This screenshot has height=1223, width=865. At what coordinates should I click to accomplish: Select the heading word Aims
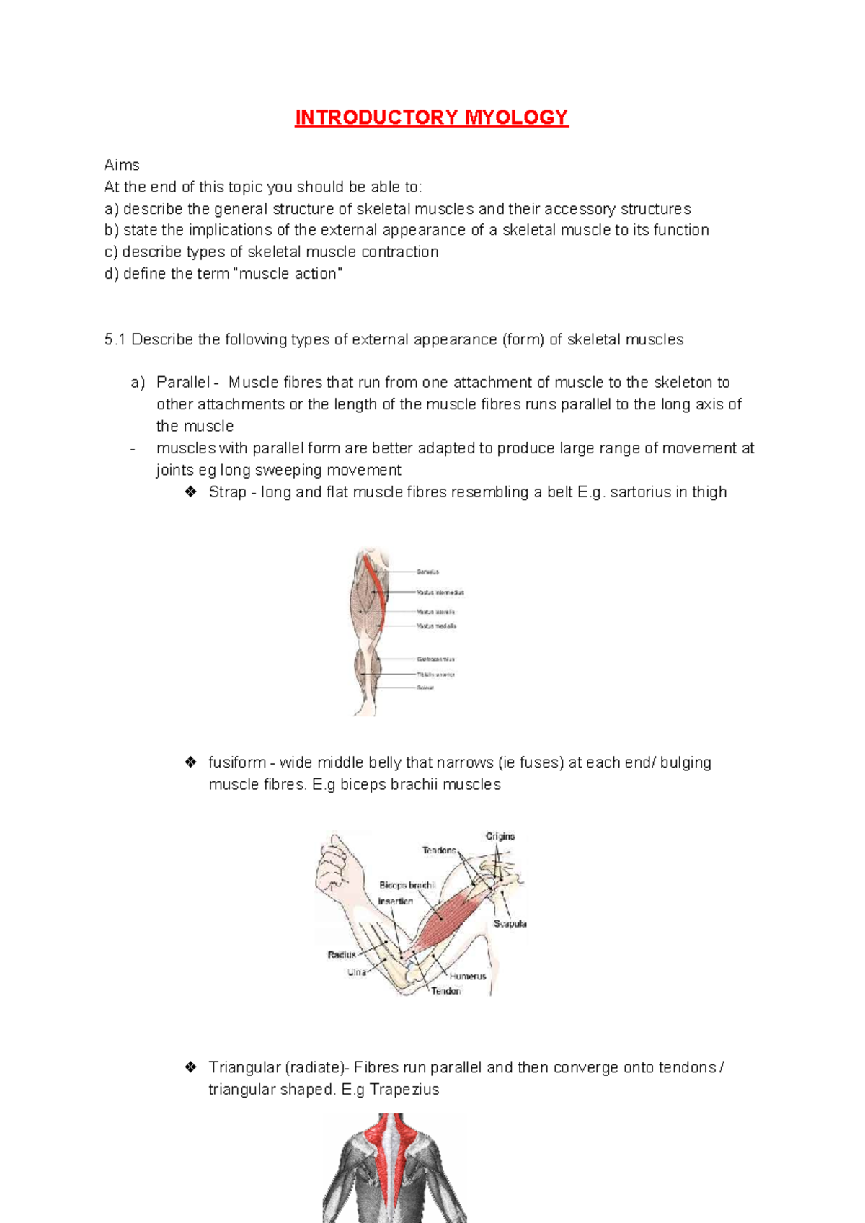(122, 165)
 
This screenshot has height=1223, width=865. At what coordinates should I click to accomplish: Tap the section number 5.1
(115, 339)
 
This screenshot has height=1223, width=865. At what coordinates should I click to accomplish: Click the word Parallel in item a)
(183, 383)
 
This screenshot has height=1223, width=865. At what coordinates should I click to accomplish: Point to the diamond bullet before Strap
(191, 492)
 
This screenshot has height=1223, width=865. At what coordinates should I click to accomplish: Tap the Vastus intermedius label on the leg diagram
(440, 592)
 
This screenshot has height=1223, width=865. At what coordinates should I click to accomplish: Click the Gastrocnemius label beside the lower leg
(435, 659)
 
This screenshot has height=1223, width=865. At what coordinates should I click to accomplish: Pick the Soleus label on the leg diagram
(425, 688)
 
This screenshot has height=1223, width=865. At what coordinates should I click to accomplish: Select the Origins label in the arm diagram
(500, 837)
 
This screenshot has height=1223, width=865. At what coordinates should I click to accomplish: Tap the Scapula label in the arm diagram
(510, 924)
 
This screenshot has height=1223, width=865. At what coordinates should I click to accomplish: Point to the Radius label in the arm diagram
(342, 955)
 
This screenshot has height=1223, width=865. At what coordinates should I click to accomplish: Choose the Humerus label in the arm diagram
(468, 977)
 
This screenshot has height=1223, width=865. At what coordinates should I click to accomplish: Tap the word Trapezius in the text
(404, 1090)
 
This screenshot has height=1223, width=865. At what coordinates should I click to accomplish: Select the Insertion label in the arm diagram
(396, 902)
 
